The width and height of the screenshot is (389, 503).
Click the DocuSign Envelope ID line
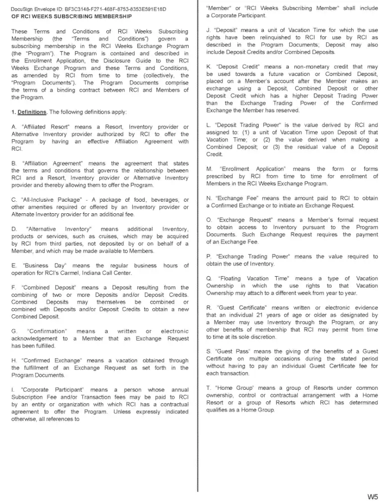coord(89,10)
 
